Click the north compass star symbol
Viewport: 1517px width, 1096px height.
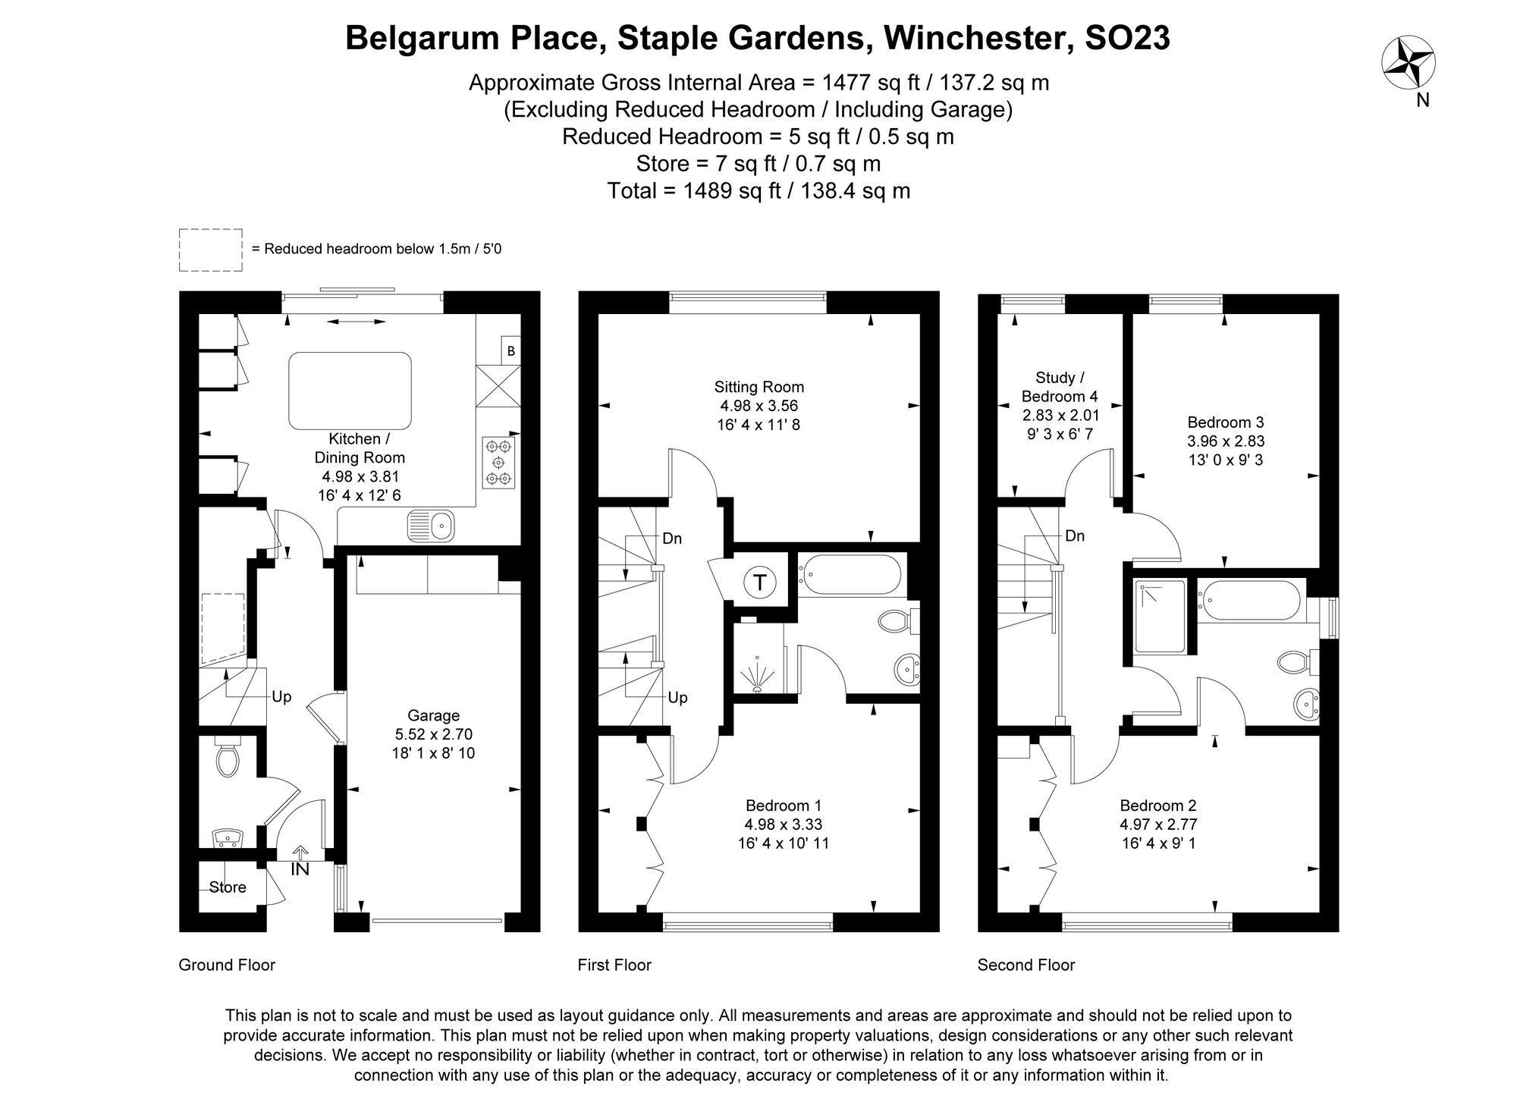tap(1409, 64)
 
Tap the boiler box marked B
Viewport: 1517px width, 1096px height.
tap(511, 350)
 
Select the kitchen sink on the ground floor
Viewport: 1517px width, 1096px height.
tap(430, 525)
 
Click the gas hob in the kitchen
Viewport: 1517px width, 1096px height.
tap(498, 462)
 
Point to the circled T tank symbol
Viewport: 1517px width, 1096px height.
tap(759, 583)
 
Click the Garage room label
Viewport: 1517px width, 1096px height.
tap(433, 715)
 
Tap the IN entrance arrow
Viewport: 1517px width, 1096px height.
tap(300, 862)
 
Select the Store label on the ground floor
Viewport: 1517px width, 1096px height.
tap(228, 887)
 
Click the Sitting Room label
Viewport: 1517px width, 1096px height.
tap(758, 387)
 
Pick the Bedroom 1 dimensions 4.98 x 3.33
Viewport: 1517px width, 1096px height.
tap(783, 824)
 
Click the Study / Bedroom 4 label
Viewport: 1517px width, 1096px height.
tap(1060, 387)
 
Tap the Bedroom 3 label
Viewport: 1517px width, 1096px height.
tap(1225, 422)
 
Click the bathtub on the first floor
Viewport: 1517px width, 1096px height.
tap(850, 575)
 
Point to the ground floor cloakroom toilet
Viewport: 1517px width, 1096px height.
tap(227, 758)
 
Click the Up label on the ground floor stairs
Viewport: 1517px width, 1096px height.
tap(281, 697)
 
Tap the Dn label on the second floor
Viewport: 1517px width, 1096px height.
tap(1074, 536)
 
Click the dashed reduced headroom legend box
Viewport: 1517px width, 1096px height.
tap(211, 250)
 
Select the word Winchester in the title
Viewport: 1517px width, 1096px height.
tap(978, 38)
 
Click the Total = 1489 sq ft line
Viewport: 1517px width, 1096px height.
tap(758, 190)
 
